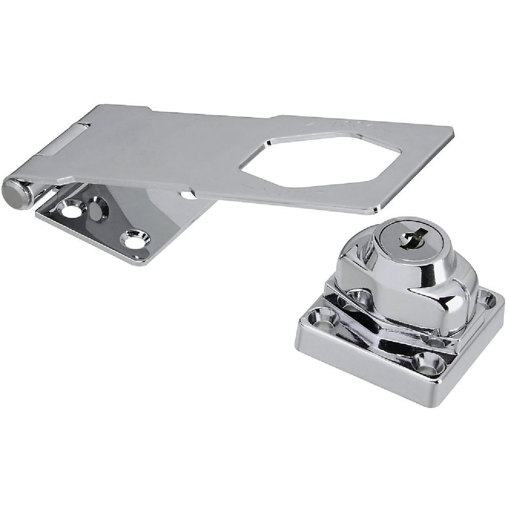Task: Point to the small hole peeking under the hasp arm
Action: point(185,195)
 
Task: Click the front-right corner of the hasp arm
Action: point(376,210)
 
